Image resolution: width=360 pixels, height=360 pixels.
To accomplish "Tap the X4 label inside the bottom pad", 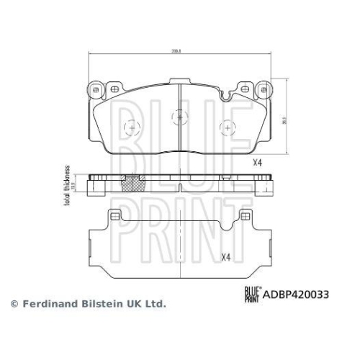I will [225, 257].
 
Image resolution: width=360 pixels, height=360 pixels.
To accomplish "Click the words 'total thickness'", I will [66, 185].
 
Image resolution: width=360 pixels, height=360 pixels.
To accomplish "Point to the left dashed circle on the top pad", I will [131, 127].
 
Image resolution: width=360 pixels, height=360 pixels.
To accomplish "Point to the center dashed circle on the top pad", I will [179, 115].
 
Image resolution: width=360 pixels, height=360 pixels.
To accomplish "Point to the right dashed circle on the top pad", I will [227, 127].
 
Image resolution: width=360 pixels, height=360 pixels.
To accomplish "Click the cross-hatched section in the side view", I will [131, 184].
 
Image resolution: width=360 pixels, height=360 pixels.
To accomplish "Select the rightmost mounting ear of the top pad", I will [261, 90].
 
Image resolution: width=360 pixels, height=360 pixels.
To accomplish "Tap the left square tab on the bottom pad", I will [113, 216].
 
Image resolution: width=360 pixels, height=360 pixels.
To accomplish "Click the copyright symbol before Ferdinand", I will [12, 305].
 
